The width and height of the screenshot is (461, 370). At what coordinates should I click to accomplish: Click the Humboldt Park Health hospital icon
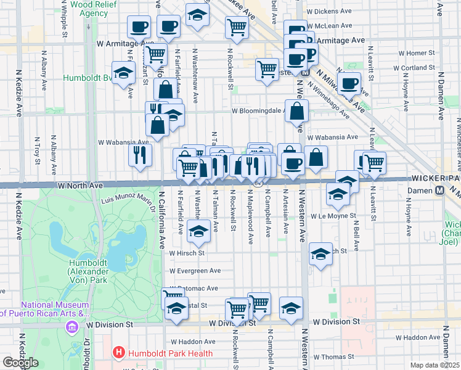pos(119,353)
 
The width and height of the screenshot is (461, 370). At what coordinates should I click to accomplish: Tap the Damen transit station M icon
pos(440,191)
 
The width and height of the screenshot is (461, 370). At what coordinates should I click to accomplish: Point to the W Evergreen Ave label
pos(195,270)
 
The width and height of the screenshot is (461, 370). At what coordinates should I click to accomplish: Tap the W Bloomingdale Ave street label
pos(257,111)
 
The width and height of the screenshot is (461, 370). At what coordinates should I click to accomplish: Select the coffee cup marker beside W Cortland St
pos(349,83)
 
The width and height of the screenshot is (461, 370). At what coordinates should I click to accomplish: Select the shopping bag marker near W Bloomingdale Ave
pos(297,112)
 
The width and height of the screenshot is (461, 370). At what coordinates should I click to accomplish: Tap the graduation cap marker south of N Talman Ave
pos(198,232)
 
